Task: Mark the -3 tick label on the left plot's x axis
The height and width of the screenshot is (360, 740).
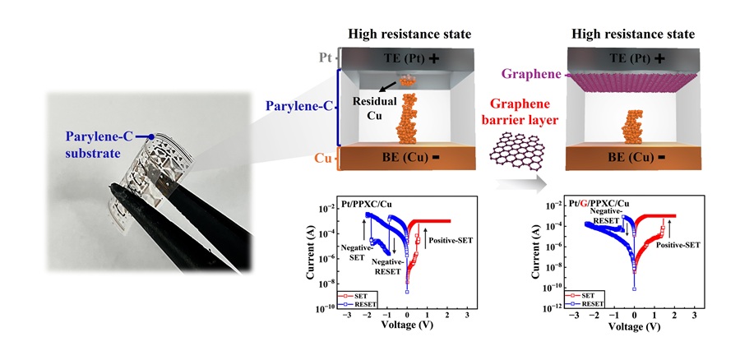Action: coord(347,315)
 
